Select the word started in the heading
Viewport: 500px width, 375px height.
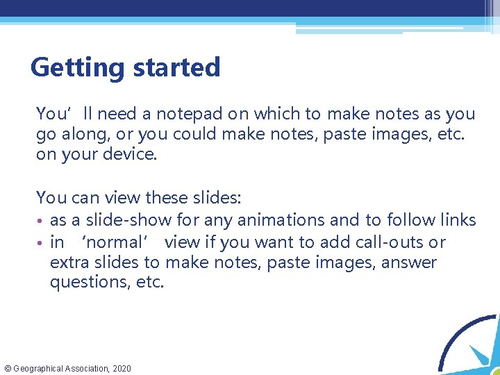173,68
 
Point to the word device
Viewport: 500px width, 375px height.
133,154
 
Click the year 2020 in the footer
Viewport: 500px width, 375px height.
120,368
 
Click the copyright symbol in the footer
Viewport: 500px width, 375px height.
7,368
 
